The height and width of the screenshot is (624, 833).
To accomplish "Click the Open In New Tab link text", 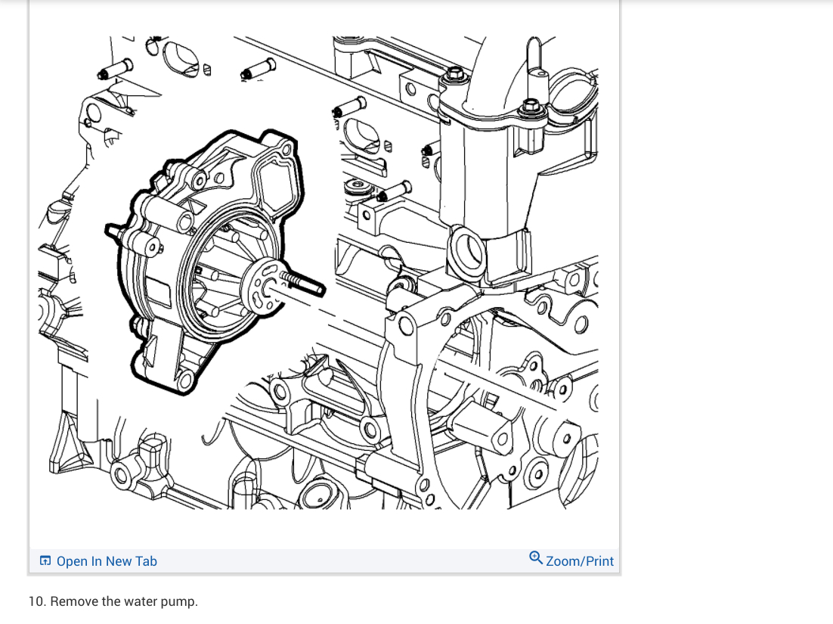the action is (x=107, y=561).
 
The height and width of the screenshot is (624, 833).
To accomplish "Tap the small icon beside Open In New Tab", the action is (x=45, y=561).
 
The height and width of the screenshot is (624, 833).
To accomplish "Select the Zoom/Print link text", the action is (x=580, y=561).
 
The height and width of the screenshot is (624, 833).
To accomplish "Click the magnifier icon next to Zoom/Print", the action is (x=536, y=559).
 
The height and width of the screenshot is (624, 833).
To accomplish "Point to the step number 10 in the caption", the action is (x=35, y=601).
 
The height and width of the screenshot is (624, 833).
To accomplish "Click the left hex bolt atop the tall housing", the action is (x=454, y=75).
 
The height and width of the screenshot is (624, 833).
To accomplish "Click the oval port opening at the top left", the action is (x=180, y=57).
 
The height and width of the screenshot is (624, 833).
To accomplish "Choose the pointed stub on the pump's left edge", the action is (x=113, y=229).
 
